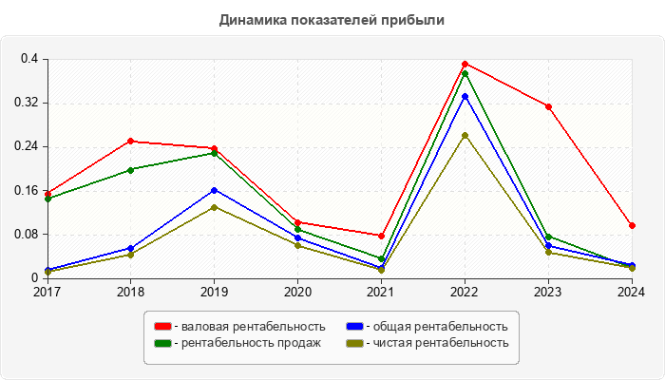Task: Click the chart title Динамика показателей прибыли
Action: (x=332, y=19)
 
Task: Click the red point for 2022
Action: (x=465, y=64)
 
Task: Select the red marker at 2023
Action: (x=548, y=106)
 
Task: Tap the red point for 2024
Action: (x=632, y=225)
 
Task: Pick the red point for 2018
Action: (x=130, y=142)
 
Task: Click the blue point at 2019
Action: (x=214, y=190)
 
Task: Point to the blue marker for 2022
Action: (x=465, y=96)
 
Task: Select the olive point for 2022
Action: (x=465, y=135)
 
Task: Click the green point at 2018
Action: (x=130, y=170)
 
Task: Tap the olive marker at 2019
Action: (x=214, y=207)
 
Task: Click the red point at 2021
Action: (x=381, y=236)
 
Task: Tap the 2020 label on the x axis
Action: (x=297, y=292)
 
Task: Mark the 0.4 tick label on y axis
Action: (x=29, y=59)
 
